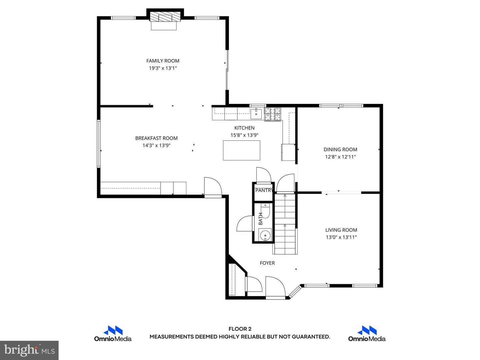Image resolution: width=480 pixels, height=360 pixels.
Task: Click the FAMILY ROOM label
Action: click(x=163, y=61)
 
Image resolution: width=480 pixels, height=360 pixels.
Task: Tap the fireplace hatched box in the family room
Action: click(x=165, y=16)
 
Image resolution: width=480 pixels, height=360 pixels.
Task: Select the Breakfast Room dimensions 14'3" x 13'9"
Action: click(x=156, y=145)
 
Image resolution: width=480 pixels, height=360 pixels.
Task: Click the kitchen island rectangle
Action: click(x=241, y=150)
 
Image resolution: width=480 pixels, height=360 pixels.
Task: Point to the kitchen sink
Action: click(x=256, y=113)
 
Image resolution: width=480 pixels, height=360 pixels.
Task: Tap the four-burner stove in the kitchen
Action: click(x=272, y=114)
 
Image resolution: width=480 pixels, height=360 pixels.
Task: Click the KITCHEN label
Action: click(x=244, y=128)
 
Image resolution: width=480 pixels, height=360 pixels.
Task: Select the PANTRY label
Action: click(x=264, y=190)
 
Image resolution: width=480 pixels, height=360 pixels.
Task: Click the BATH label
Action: click(x=260, y=219)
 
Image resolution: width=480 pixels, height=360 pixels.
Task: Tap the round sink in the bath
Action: click(x=265, y=235)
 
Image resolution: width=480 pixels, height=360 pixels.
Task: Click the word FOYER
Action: click(x=267, y=263)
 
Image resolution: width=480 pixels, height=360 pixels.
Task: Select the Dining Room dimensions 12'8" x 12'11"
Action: click(x=340, y=157)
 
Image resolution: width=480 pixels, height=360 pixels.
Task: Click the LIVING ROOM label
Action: click(x=341, y=230)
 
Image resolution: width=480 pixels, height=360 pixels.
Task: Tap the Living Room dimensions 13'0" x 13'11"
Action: click(x=341, y=237)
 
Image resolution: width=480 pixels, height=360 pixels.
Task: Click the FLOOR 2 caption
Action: click(x=240, y=329)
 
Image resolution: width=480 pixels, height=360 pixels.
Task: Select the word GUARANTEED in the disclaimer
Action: click(x=311, y=337)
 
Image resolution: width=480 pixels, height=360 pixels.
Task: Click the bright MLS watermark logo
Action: click(x=29, y=350)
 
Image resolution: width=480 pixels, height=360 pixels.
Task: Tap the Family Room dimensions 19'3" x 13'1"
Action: click(x=163, y=68)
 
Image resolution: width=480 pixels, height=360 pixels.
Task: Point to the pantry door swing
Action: click(x=264, y=175)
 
